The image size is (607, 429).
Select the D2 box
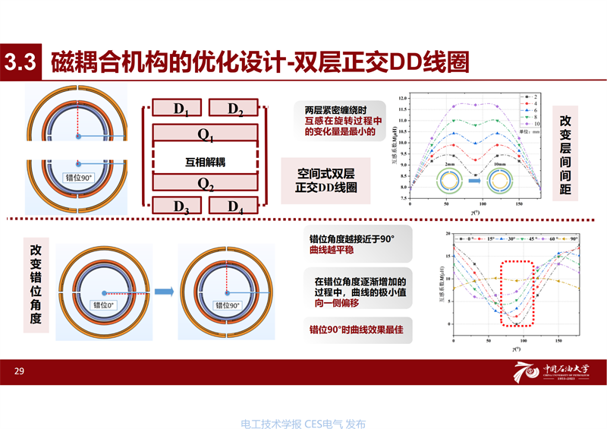click(235, 109)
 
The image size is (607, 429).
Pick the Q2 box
click(206, 182)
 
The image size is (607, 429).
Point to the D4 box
click(235, 204)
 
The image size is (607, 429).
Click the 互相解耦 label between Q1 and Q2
click(206, 160)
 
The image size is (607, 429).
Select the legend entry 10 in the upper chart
click(535, 124)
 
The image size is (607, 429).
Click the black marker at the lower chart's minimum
click(517, 324)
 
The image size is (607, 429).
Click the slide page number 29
click(20, 371)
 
